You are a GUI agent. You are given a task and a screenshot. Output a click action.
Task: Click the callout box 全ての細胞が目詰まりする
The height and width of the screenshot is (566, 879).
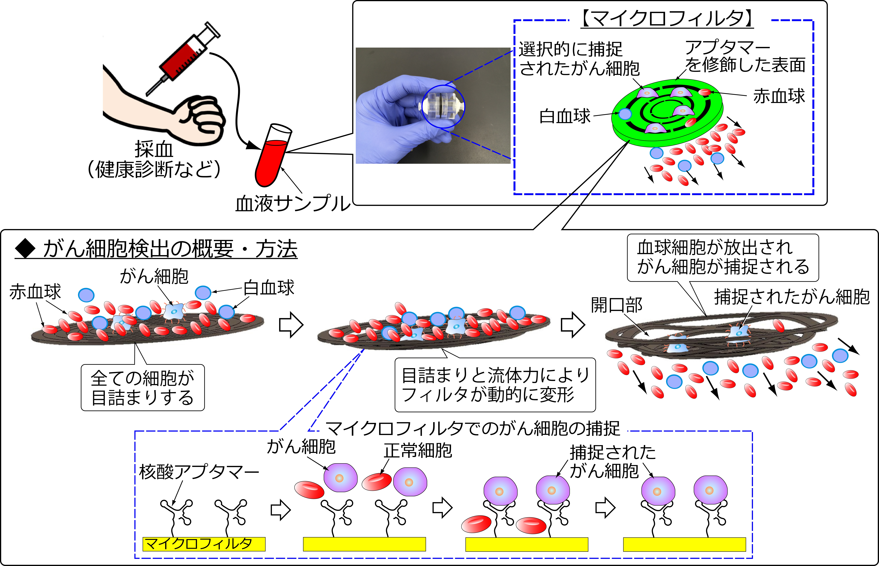[x=143, y=388]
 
